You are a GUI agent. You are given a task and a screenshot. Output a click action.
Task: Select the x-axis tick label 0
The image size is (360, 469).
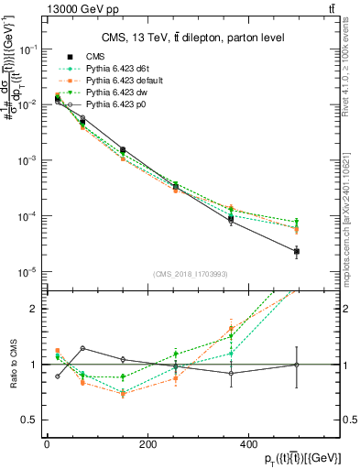(x=47, y=444)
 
